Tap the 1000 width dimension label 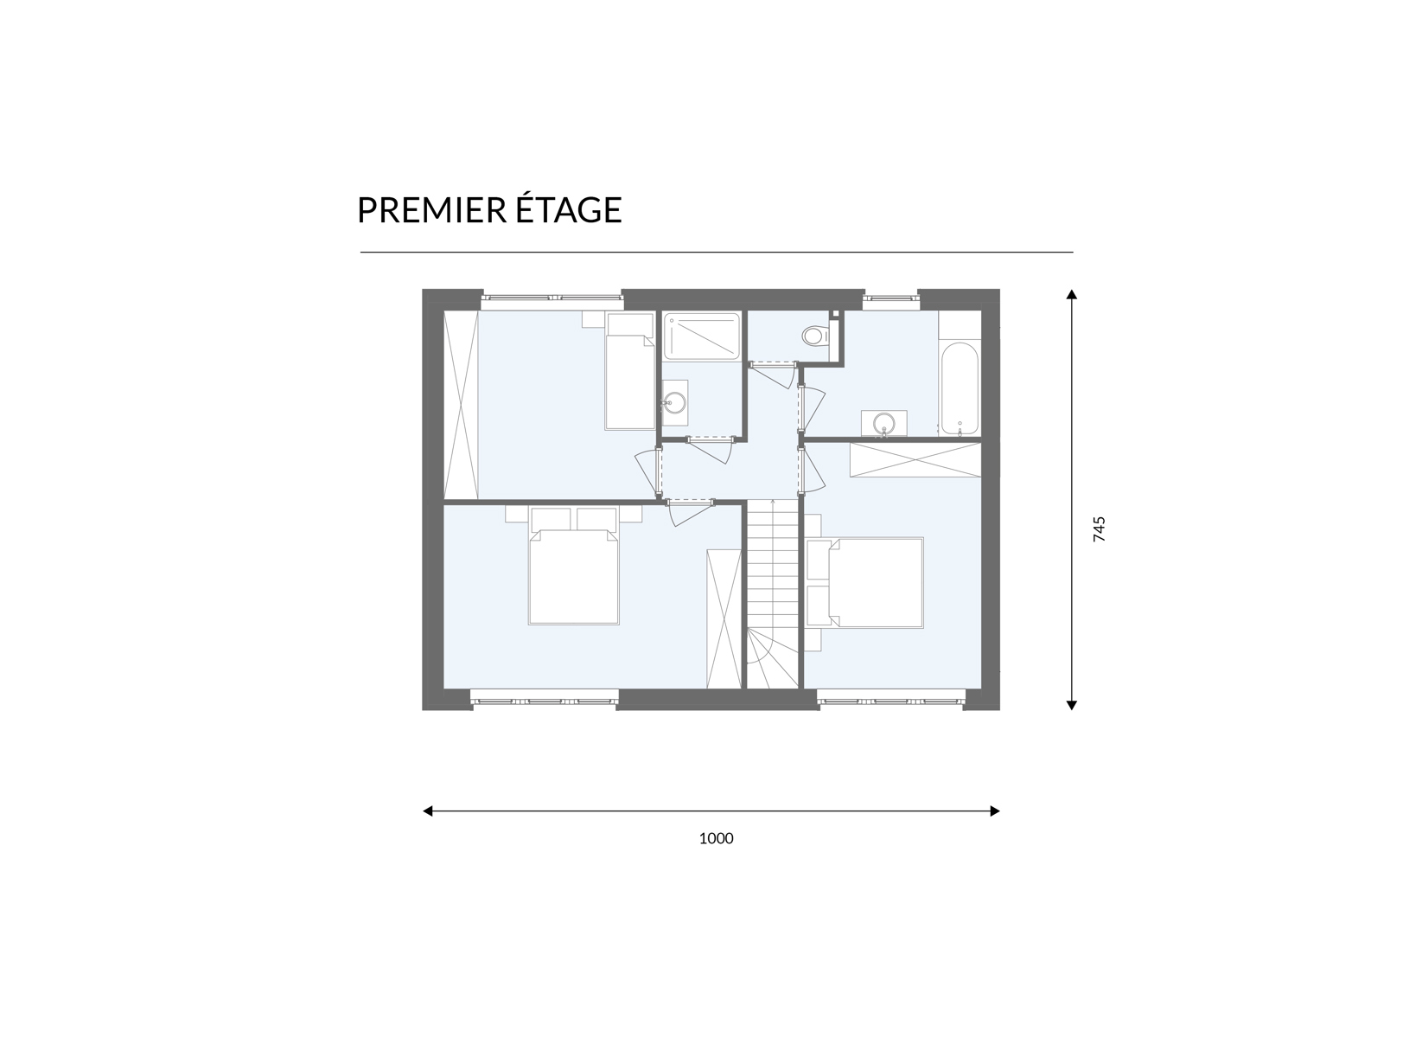point(716,838)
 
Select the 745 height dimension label point(1100,529)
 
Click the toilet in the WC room point(816,335)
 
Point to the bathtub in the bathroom point(960,388)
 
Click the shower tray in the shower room point(702,336)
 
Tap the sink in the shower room point(675,403)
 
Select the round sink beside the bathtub point(883,423)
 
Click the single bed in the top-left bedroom point(630,372)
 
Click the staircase point(772,594)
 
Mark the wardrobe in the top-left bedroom point(461,406)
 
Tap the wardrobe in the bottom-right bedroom point(915,460)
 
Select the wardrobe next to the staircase point(724,618)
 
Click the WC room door point(773,375)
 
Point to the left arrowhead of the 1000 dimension point(428,811)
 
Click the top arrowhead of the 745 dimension point(1072,294)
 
